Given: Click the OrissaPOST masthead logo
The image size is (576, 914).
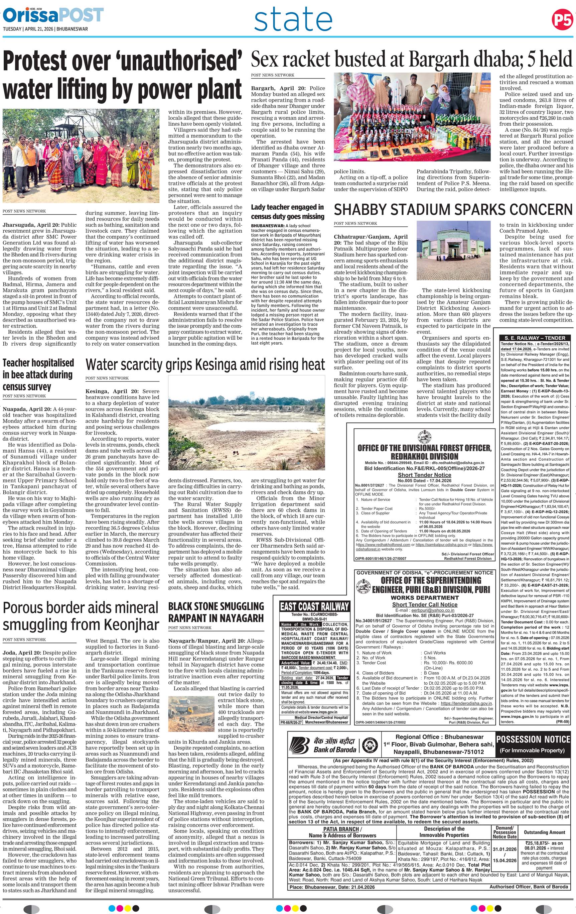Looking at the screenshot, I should (53, 16).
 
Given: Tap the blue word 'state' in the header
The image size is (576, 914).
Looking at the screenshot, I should (293, 20).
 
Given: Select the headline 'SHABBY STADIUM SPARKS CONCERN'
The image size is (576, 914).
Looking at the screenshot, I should (453, 210).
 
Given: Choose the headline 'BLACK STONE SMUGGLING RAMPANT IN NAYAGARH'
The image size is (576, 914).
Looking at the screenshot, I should (216, 612).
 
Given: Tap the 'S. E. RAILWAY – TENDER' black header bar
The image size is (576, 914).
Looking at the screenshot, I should (535, 338).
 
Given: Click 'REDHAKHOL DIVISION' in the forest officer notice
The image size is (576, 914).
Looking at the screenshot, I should (424, 456).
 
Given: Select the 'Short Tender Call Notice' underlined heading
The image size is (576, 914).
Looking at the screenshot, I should (425, 604).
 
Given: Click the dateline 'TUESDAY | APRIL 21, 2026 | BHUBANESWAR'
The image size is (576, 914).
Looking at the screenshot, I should (45, 29).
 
